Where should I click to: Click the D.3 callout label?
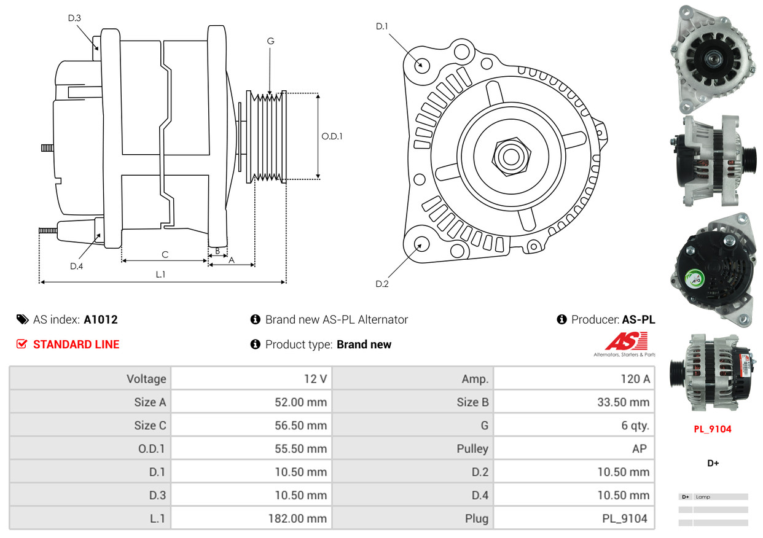tap(74, 18)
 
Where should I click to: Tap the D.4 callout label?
tap(76, 266)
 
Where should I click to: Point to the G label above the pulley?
tap(270, 41)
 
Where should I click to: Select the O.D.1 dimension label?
tap(332, 136)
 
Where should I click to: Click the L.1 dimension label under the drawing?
tap(160, 275)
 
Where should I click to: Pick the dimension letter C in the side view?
tap(165, 254)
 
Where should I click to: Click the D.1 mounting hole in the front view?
tap(421, 64)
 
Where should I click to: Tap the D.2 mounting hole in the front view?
tap(421, 244)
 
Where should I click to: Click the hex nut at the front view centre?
tap(509, 155)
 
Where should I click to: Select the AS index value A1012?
tap(101, 319)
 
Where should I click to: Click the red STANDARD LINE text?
tap(76, 345)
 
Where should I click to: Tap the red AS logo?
tap(626, 341)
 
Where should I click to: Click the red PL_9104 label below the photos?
tap(713, 429)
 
